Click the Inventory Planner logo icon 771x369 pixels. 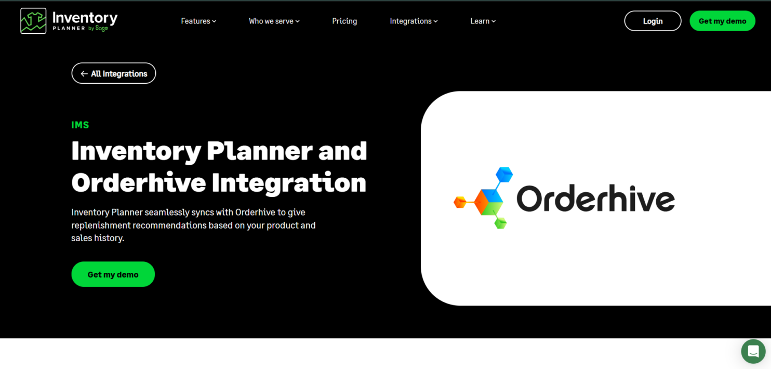[33, 21]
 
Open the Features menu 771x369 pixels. [198, 21]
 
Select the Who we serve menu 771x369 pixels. [274, 21]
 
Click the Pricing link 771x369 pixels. [344, 21]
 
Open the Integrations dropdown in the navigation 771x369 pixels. [414, 21]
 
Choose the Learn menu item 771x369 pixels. [483, 21]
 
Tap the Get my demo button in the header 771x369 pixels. [722, 21]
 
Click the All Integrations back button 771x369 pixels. [114, 73]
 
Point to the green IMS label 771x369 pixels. [80, 125]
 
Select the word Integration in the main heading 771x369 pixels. [289, 182]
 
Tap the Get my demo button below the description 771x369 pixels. [113, 274]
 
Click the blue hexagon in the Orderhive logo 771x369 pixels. [503, 175]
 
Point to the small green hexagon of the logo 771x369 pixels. [500, 223]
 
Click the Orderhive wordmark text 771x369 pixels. [595, 199]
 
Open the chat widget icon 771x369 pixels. [753, 351]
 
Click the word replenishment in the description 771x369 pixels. [100, 225]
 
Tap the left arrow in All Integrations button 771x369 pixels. [84, 74]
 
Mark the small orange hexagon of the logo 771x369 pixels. [460, 202]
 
